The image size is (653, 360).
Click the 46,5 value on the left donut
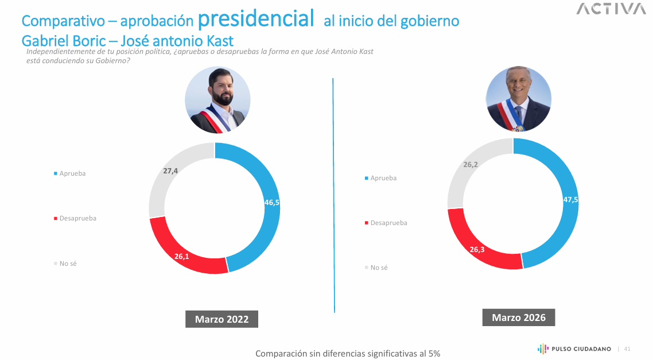coord(271,203)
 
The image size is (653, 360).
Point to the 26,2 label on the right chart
coord(471,164)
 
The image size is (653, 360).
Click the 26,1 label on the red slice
coord(182,256)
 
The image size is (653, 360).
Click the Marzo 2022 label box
coord(221,319)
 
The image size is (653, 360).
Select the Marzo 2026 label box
coord(519,318)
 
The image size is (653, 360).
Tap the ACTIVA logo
coord(611,9)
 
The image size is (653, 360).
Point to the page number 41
coord(627,349)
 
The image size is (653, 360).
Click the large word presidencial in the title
coord(255,19)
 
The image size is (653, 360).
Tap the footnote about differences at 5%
coord(348,354)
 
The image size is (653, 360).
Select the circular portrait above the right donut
coord(518,99)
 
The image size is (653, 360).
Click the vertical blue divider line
coord(333,195)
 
